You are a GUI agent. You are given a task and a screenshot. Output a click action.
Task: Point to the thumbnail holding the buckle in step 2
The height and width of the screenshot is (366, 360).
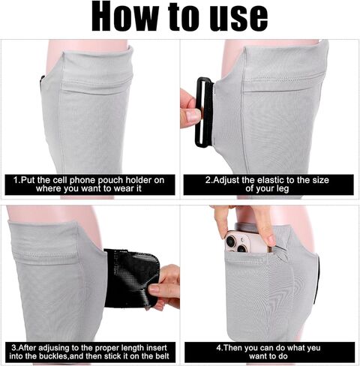[x=192, y=115]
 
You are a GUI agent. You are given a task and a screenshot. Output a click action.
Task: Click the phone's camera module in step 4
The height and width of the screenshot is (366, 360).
[x=238, y=241]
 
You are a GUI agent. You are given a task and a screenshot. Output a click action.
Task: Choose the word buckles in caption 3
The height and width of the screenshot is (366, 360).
[x=55, y=358]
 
